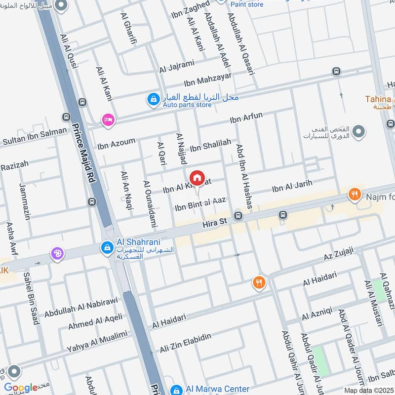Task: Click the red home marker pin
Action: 197,178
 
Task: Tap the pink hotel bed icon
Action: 108,119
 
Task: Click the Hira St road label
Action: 215,224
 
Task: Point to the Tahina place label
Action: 379,99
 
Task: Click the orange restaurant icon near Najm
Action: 354,195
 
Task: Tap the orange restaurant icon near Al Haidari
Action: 259,283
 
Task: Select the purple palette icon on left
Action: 57,254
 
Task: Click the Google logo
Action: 21,388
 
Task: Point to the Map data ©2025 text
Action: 369,390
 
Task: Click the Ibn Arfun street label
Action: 246,118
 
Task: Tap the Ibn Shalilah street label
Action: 210,145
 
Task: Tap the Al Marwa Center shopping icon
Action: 175,390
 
